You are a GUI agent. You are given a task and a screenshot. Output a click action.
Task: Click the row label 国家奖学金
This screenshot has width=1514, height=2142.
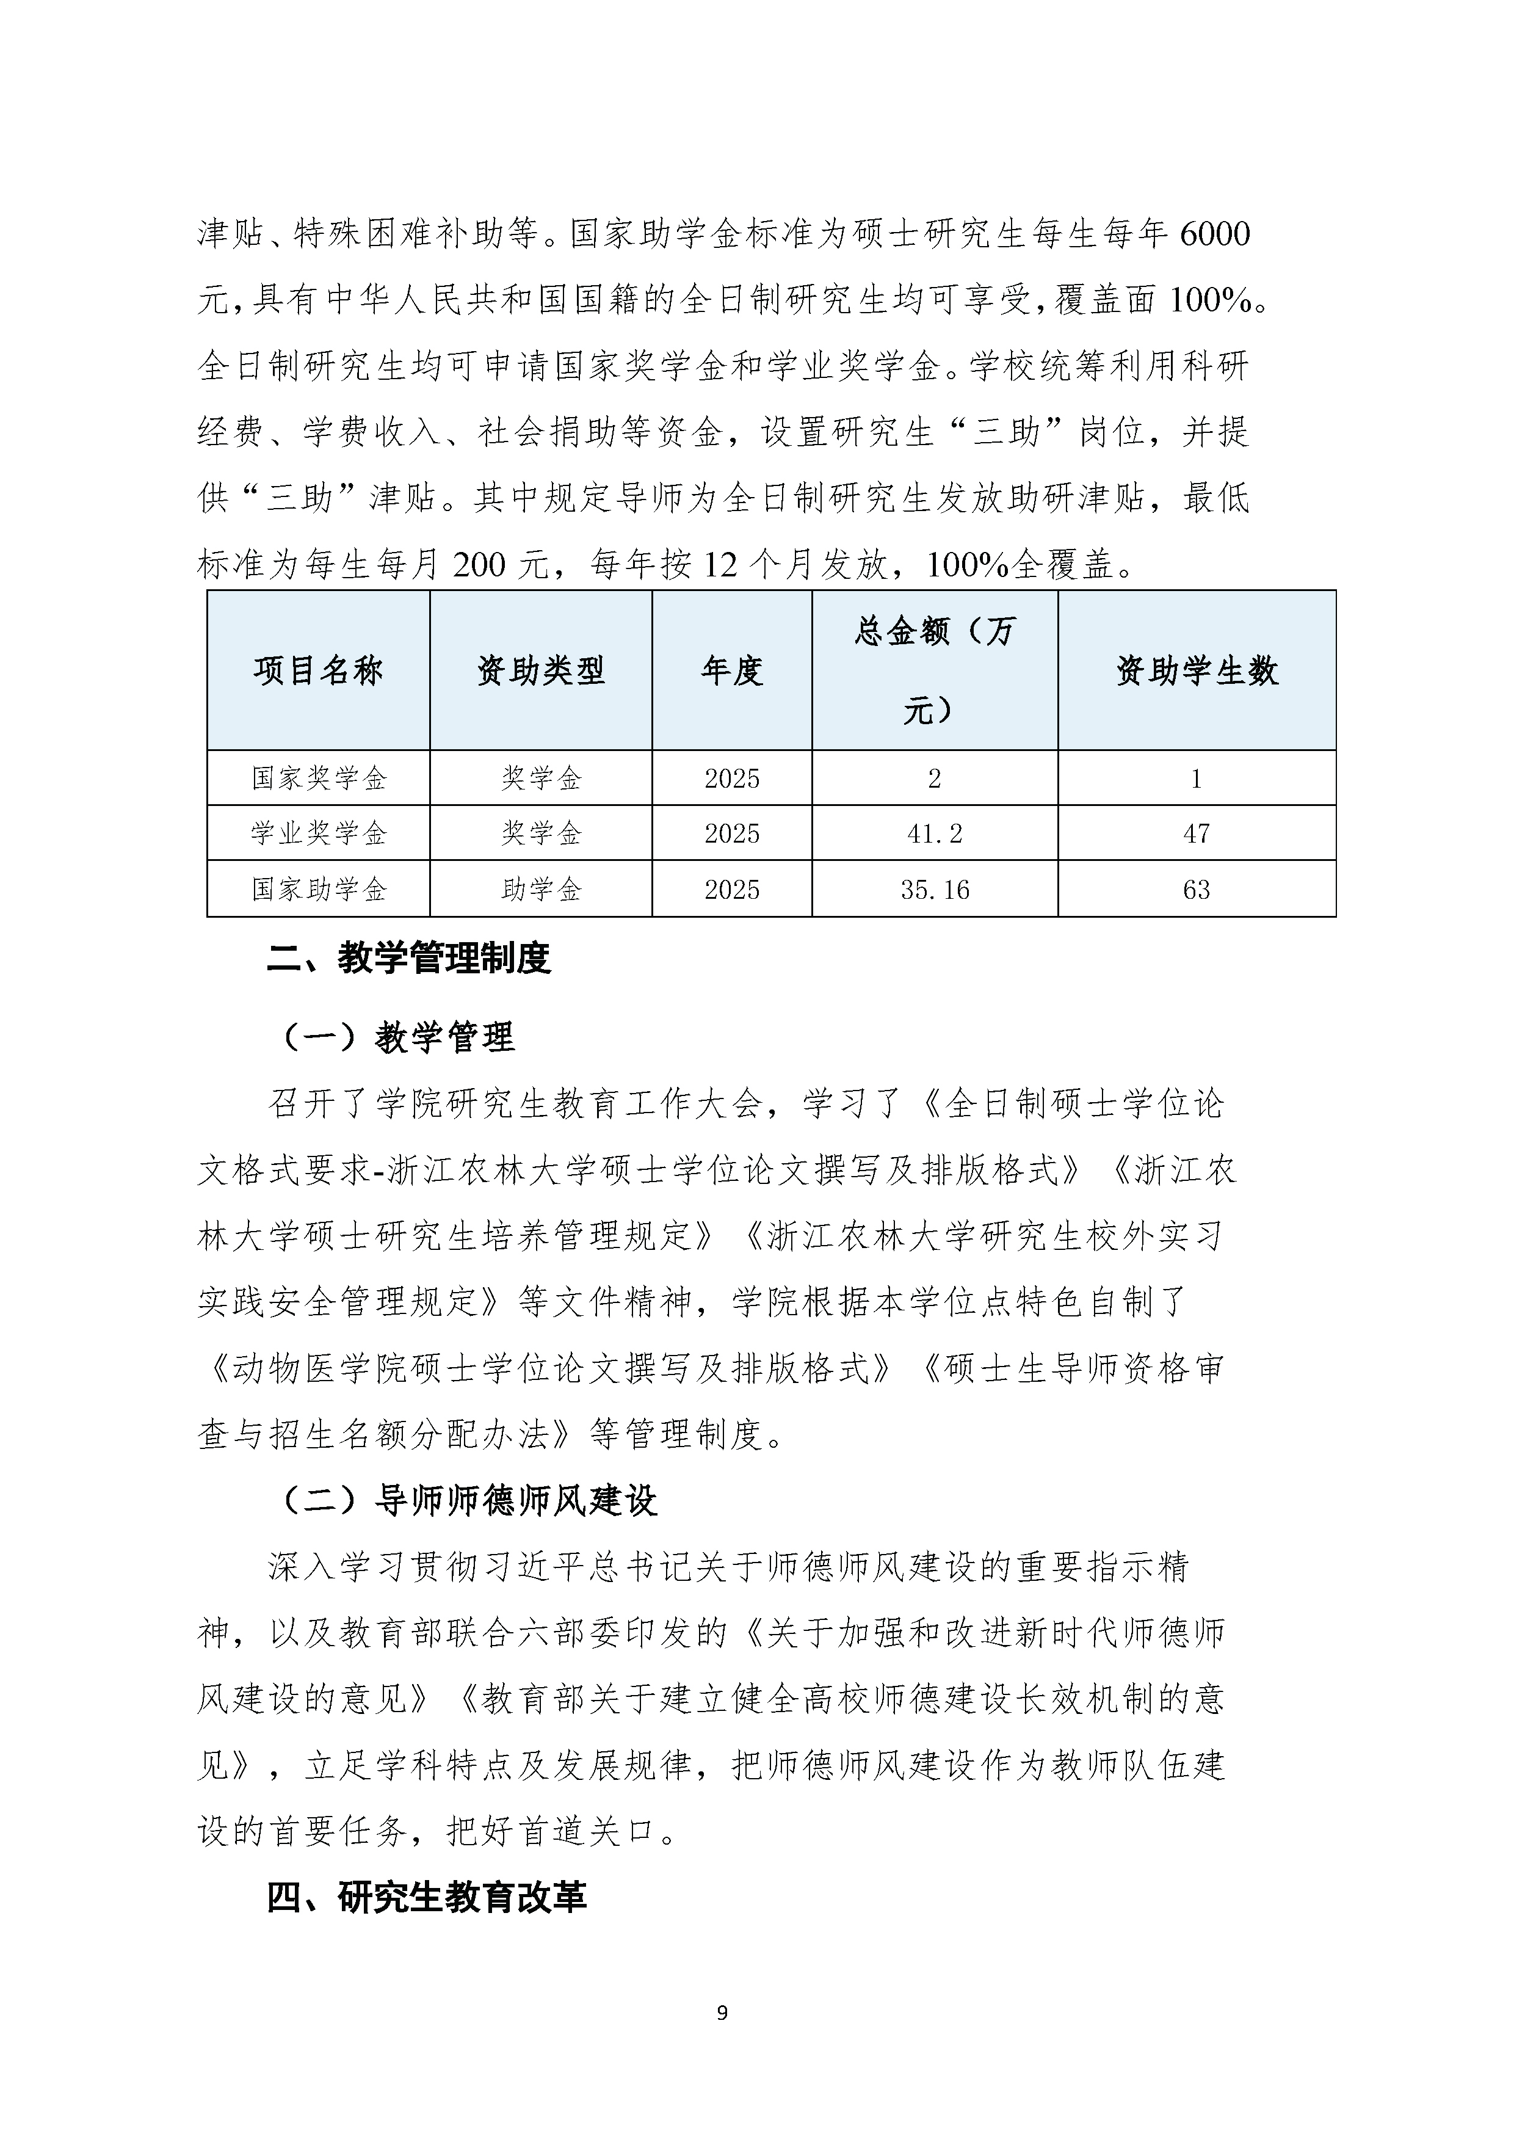(318, 778)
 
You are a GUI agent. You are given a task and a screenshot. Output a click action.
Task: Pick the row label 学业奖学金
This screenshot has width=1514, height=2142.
(318, 833)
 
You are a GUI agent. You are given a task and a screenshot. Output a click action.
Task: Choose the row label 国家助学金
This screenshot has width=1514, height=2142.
(318, 889)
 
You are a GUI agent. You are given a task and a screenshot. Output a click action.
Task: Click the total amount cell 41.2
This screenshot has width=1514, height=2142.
(934, 833)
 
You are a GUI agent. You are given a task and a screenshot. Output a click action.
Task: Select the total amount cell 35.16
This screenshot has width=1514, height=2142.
(934, 889)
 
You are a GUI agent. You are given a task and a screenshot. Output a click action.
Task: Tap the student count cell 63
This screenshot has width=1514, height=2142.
(1196, 889)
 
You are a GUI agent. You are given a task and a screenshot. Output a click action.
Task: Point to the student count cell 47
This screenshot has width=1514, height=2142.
(1196, 833)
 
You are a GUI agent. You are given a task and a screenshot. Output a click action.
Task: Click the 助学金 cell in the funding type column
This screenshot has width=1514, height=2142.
(540, 889)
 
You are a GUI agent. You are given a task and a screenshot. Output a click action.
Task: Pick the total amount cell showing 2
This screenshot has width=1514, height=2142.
(934, 778)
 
